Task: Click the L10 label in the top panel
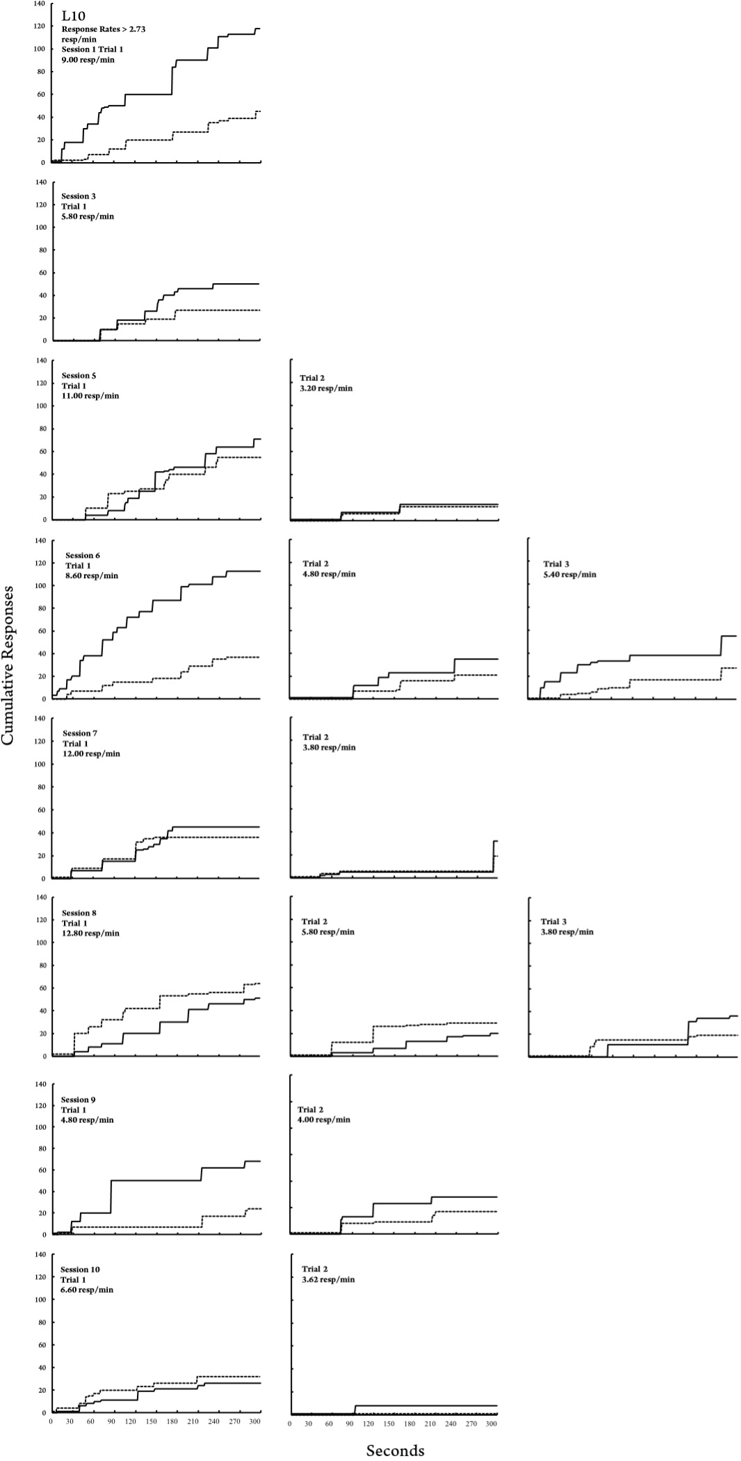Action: (x=73, y=15)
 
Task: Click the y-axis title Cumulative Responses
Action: (x=8, y=665)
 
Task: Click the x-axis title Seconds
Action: (x=395, y=1449)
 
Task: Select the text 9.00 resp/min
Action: (x=88, y=60)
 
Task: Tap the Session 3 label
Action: (x=79, y=196)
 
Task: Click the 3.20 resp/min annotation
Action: (x=327, y=388)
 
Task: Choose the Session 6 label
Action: (x=83, y=555)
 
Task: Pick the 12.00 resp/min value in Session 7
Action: (x=91, y=753)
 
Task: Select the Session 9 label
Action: (x=79, y=1100)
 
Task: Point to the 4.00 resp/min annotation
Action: (x=324, y=1120)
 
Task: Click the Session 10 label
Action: (x=80, y=1270)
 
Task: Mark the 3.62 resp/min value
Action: (x=328, y=1279)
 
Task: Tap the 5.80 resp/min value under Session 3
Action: (x=88, y=216)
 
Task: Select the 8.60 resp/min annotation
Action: (x=91, y=575)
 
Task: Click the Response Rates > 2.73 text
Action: (x=104, y=29)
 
